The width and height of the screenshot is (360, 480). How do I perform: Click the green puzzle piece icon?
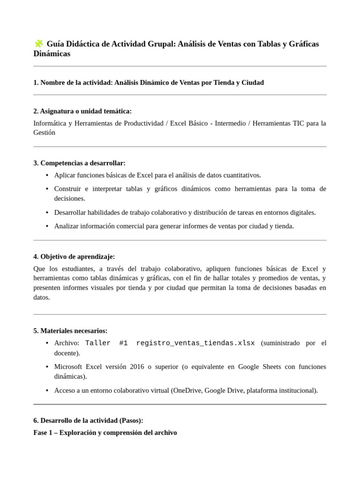[38, 44]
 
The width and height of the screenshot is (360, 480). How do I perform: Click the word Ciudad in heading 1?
[253, 82]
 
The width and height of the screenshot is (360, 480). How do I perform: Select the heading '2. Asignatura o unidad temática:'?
[82, 111]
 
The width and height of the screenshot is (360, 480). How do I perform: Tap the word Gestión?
[44, 133]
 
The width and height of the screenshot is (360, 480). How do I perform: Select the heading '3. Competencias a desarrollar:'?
[79, 163]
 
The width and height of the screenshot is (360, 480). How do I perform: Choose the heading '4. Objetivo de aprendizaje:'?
[74, 257]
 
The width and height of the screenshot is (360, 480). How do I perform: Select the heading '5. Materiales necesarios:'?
[70, 331]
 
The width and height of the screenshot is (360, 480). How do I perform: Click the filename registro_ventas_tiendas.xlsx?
[195, 343]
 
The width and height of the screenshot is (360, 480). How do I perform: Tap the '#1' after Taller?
[123, 343]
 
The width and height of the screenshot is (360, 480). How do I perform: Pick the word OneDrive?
[187, 390]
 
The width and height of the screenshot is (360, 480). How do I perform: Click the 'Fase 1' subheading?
[105, 433]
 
